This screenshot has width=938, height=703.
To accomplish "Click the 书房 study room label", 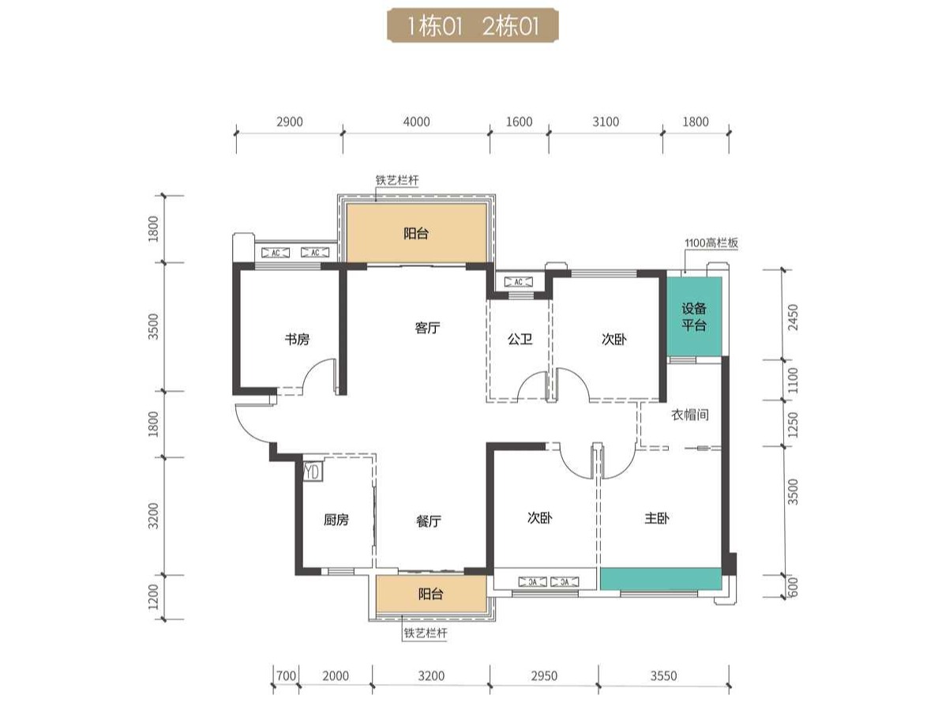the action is [297, 339].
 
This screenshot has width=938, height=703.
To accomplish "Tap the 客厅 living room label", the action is [427, 328].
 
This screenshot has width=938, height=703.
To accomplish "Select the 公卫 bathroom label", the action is [520, 339].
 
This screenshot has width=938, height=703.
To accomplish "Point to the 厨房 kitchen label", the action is [336, 519].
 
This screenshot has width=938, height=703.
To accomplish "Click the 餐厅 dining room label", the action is [428, 521].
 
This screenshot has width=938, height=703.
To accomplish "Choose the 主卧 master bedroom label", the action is [656, 518].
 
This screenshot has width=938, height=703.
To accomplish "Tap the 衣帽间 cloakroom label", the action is [690, 415].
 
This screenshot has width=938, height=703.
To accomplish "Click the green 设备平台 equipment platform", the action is [695, 317].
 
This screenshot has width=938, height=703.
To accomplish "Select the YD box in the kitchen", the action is [312, 472].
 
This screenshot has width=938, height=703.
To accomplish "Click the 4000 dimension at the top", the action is [416, 122].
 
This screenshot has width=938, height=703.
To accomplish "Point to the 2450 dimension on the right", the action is [794, 317].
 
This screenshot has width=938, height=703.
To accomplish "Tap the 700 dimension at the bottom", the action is [286, 675].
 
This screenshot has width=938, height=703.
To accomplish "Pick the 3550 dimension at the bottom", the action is [663, 675].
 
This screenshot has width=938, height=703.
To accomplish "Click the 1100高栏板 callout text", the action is [711, 242].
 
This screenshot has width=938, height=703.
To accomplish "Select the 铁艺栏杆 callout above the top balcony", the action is [397, 179].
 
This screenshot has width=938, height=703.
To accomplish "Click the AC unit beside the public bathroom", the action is [518, 282].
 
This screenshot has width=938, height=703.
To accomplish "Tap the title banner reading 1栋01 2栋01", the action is [473, 26].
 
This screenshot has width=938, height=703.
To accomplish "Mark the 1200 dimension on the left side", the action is [153, 597].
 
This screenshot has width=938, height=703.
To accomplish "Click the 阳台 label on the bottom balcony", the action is [431, 594].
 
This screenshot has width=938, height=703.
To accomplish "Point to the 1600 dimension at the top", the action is [520, 122].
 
